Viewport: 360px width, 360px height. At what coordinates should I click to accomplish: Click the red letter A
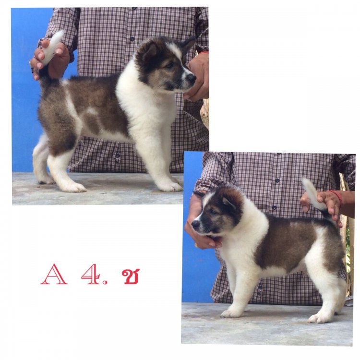coord(54,275)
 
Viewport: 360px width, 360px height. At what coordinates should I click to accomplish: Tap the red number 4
coord(90,274)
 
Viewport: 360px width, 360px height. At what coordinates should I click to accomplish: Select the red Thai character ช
coord(131,276)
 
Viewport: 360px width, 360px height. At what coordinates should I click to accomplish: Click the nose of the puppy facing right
coord(192,78)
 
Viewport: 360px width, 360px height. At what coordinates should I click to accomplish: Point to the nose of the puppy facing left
coord(196,224)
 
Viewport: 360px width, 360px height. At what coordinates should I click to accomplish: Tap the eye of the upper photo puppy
coord(170,65)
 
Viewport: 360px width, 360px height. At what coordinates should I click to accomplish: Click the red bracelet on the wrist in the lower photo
coord(337,197)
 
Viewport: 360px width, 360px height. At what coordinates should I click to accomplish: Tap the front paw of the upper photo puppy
coord(169,186)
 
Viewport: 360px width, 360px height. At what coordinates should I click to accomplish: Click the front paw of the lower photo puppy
coord(231,313)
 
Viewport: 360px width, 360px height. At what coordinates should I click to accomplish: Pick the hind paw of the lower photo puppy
coord(320,318)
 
